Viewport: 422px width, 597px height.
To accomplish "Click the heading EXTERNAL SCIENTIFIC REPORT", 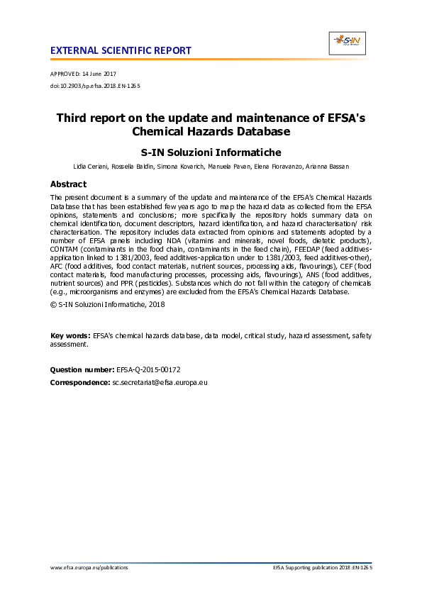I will [121, 51].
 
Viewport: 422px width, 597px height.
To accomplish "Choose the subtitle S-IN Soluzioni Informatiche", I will [211, 152].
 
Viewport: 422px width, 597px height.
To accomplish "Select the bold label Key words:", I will [70, 335].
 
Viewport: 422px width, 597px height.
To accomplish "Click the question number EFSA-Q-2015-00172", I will [148, 370].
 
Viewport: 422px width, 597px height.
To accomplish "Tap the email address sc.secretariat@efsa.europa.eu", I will [160, 383].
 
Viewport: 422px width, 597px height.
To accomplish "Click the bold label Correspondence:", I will [80, 383].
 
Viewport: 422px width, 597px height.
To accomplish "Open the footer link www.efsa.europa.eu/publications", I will [89, 568].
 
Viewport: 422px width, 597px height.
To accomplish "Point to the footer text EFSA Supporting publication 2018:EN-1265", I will [323, 568].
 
